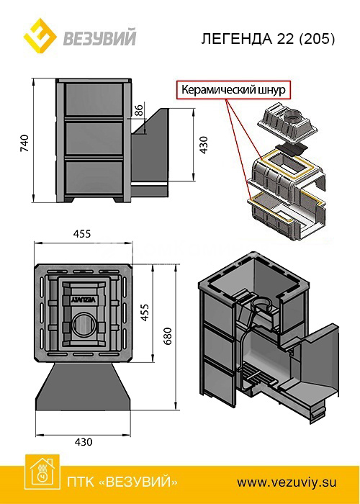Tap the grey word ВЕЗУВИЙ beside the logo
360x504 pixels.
click(99, 37)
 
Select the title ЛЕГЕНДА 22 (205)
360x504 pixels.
click(269, 39)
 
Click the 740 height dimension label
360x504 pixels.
click(24, 143)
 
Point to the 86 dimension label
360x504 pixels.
click(138, 110)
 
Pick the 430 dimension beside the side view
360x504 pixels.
click(204, 145)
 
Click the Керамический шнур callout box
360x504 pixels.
click(233, 89)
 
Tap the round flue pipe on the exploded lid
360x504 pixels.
click(293, 116)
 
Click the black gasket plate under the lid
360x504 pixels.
click(292, 148)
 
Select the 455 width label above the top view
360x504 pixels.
click(82, 234)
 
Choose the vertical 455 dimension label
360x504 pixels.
click(145, 312)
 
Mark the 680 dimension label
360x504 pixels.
click(168, 336)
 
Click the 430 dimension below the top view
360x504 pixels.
click(84, 442)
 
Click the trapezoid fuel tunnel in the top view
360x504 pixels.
click(84, 387)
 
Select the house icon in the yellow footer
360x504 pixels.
click(42, 471)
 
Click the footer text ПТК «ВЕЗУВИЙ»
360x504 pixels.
click(122, 482)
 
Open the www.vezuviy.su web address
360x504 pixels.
click(287, 482)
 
